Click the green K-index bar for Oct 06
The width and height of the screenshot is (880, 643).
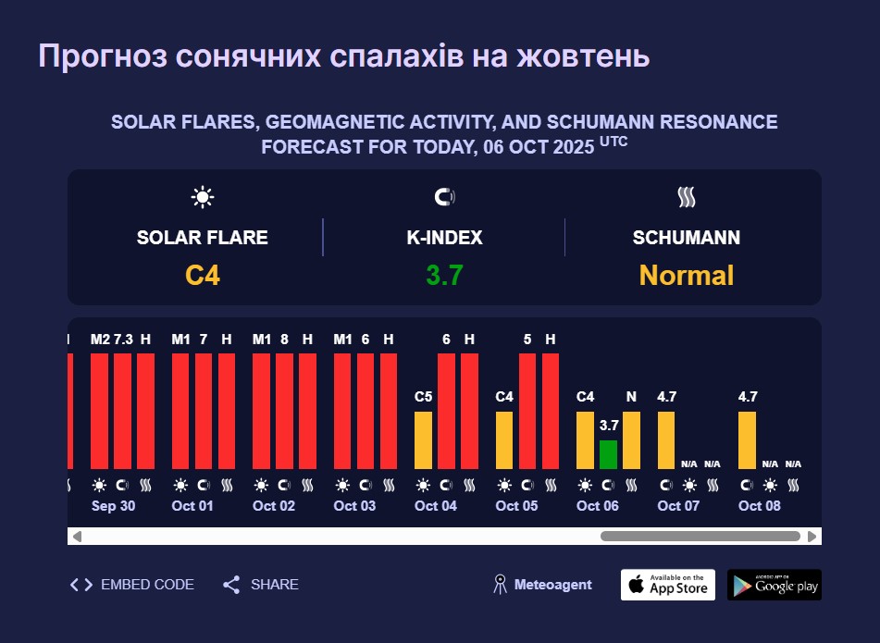pyautogui.click(x=608, y=454)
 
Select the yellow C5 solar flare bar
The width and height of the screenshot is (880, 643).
pyautogui.click(x=423, y=440)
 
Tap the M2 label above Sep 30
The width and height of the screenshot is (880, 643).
pyautogui.click(x=101, y=340)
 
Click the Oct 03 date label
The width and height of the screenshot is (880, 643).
pyautogui.click(x=354, y=505)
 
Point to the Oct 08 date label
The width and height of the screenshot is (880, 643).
pyautogui.click(x=760, y=505)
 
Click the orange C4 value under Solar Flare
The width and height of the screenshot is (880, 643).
pyautogui.click(x=203, y=276)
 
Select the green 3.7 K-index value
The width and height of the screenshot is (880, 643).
pyautogui.click(x=444, y=276)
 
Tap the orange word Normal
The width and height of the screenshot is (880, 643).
pyautogui.click(x=687, y=276)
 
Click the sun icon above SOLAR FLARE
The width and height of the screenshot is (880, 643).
pyautogui.click(x=203, y=197)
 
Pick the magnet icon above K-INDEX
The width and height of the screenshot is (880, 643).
pyautogui.click(x=444, y=197)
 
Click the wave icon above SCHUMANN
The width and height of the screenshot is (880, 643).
pyautogui.click(x=687, y=197)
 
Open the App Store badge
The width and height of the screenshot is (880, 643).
pyautogui.click(x=668, y=585)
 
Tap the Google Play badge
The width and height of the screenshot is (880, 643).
pyautogui.click(x=775, y=585)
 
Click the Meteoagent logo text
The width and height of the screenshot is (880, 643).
pyautogui.click(x=552, y=585)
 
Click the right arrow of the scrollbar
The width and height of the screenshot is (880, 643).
pyautogui.click(x=812, y=537)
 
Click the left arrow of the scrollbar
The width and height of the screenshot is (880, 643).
pyautogui.click(x=78, y=537)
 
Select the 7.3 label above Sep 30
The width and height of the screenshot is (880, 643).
pyautogui.click(x=123, y=340)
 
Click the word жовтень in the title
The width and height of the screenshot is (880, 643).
pyautogui.click(x=583, y=56)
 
